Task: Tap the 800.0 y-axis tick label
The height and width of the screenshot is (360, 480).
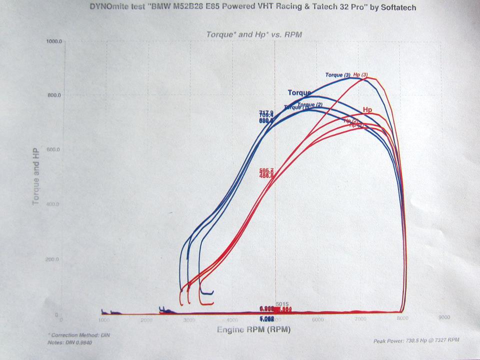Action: coord(53,95)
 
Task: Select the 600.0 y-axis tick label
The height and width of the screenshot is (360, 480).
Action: coord(52,149)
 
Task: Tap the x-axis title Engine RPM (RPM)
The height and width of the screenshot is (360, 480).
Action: coord(253,330)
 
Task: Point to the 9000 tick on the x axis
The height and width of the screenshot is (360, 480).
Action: coord(443,317)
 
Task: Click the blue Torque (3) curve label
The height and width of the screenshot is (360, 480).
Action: coord(338,75)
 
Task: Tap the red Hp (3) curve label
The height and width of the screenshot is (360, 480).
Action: coord(360,75)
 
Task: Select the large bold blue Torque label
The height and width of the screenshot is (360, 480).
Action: coord(299,92)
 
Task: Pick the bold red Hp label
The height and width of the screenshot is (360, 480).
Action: coord(367,109)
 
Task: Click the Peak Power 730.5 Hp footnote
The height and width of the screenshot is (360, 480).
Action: coord(416,340)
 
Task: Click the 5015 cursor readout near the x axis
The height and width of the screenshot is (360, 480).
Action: coord(283,304)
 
